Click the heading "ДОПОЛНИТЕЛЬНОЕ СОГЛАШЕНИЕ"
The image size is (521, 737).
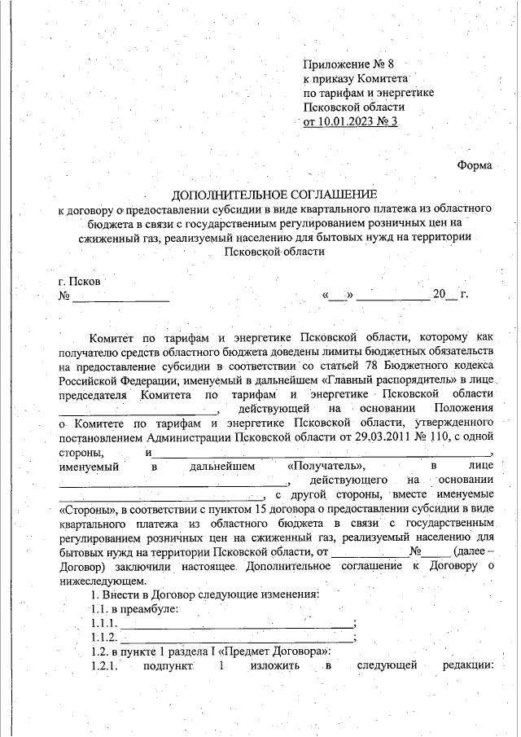pyautogui.click(x=274, y=195)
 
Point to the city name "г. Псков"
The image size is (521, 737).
pyautogui.click(x=80, y=281)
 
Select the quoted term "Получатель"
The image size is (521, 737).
pyautogui.click(x=316, y=467)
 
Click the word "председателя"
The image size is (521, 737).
pyautogui.click(x=92, y=393)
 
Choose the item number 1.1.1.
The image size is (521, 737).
pyautogui.click(x=104, y=623)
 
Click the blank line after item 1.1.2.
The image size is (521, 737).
pyautogui.click(x=237, y=638)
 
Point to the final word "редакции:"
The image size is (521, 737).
pyautogui.click(x=468, y=667)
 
